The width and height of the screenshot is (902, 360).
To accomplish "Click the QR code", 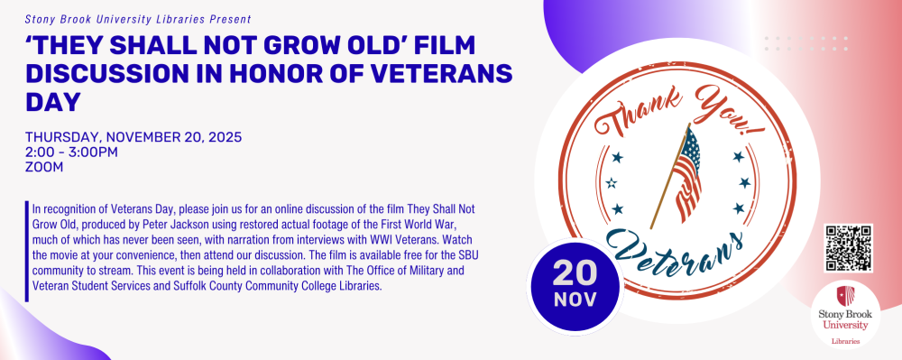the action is pyautogui.click(x=849, y=248).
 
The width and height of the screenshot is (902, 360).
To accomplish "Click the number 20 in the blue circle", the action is pyautogui.click(x=575, y=273).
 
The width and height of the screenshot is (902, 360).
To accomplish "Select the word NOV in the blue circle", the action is pyautogui.click(x=575, y=300).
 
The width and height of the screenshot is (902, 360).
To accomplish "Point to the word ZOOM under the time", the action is pyautogui.click(x=44, y=167).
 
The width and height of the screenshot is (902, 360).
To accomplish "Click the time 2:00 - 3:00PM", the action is pyautogui.click(x=71, y=152).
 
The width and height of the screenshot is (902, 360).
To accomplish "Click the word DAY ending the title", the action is pyautogui.click(x=52, y=102).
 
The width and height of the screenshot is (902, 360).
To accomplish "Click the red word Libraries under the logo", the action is pyautogui.click(x=845, y=341).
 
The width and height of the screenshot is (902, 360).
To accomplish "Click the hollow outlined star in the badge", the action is pyautogui.click(x=612, y=183).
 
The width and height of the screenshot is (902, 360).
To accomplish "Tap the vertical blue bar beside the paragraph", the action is pyautogui.click(x=26, y=252).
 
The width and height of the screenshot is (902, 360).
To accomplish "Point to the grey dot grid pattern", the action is pyautogui.click(x=805, y=43).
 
